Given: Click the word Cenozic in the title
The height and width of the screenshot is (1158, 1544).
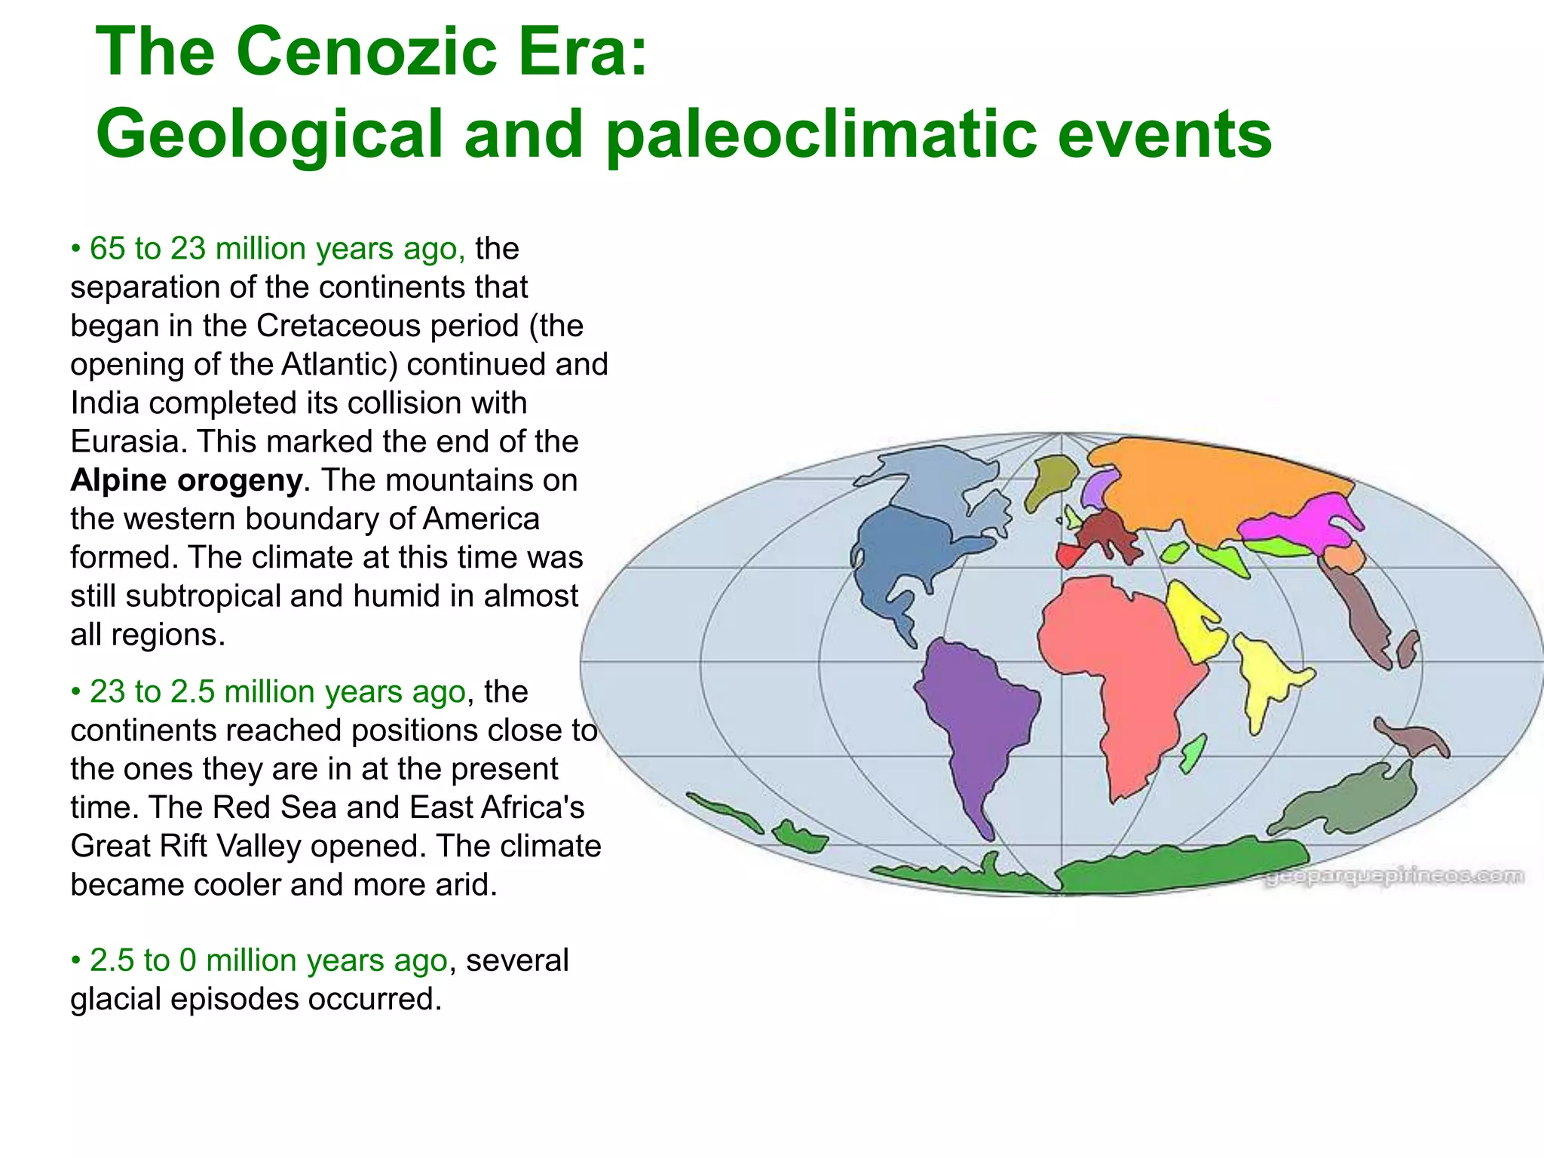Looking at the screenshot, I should pos(367,51).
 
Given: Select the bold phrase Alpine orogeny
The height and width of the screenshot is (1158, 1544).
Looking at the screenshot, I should pos(186,480).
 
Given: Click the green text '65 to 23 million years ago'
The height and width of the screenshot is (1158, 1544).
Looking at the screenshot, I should pos(277,249).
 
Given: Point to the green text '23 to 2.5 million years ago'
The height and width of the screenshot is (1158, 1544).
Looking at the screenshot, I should pos(277,691).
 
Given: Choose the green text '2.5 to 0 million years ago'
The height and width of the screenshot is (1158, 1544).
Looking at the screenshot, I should pos(268,960).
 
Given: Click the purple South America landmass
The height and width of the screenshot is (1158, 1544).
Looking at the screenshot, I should pos(973,716).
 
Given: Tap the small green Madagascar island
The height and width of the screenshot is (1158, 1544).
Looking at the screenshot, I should pos(1193,754).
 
